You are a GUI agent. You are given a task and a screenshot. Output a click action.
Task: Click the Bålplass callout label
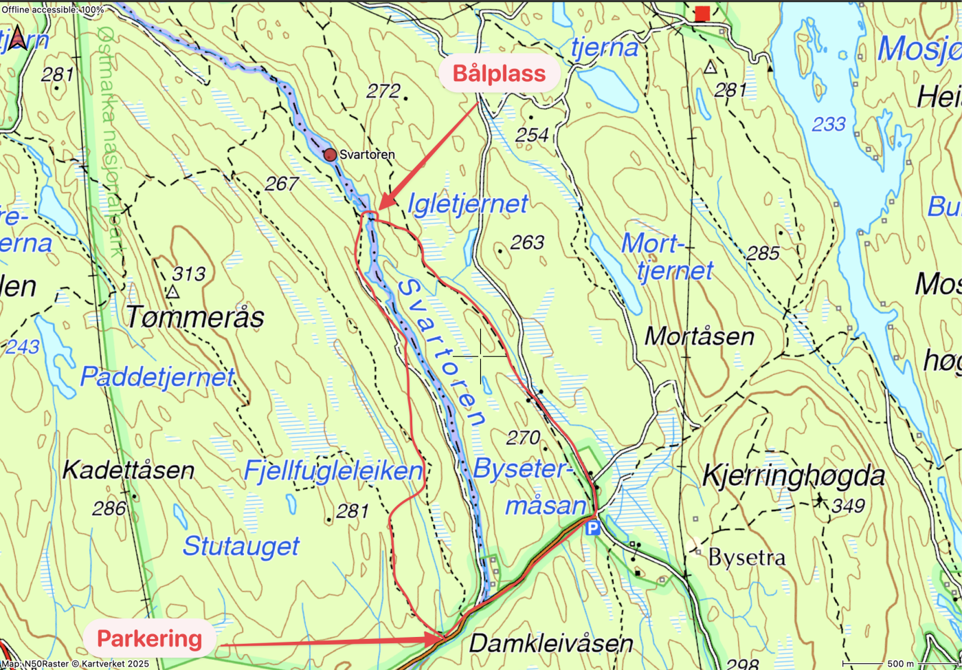coord(500,74)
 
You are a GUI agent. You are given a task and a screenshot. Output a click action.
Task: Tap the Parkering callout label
coord(149,639)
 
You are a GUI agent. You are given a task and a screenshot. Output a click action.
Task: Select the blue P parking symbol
coord(592,528)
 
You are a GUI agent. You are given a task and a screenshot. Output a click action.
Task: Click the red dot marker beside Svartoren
coord(331,155)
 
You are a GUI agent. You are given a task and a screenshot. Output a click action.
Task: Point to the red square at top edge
coord(702,13)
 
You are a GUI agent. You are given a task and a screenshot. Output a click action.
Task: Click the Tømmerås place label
coord(195,317)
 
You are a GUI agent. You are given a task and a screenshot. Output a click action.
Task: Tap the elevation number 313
coord(188,274)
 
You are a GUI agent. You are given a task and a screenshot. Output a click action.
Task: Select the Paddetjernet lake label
coord(157,377)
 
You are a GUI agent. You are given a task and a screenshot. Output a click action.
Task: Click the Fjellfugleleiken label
coord(333,471)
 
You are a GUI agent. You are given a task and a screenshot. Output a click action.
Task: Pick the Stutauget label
coord(240,546)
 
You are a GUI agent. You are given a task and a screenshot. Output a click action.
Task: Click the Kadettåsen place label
coord(128,471)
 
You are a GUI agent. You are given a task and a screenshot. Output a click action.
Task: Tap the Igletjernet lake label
coord(467,204)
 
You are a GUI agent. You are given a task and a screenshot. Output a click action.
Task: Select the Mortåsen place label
coord(700,336)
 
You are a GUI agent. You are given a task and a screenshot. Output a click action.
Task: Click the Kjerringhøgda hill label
coord(793,476)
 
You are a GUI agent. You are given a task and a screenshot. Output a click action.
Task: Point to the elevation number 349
coord(847,507)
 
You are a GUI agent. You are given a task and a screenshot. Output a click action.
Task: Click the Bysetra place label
coord(746,557)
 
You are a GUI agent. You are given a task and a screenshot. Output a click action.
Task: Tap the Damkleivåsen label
coord(550,644)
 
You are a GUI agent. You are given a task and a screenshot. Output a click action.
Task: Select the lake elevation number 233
coord(829,124)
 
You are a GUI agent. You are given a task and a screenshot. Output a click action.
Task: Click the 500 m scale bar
coord(900,664)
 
